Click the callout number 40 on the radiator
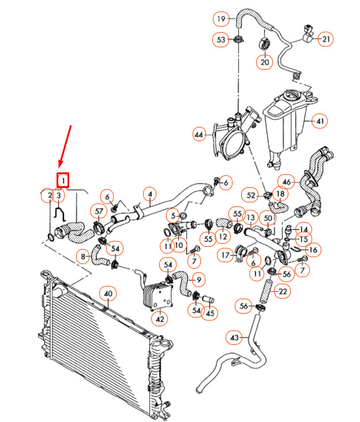(x=108, y=293)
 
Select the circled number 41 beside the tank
(x=320, y=121)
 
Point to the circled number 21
(x=327, y=39)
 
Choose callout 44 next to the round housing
(x=199, y=134)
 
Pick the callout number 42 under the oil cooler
(x=160, y=318)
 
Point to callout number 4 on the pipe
(x=149, y=194)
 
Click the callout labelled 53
(x=221, y=39)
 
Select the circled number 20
(x=265, y=62)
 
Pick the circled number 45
(x=209, y=313)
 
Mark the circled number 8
(x=83, y=255)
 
